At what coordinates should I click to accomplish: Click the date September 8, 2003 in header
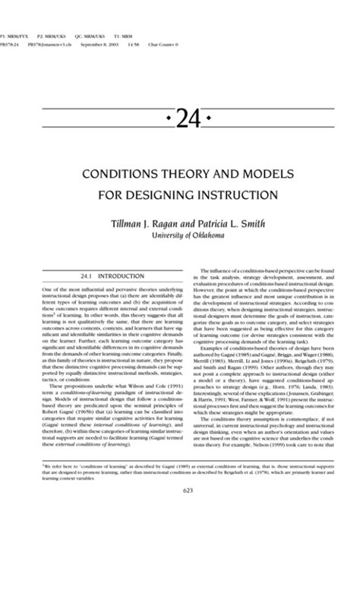(x=99, y=45)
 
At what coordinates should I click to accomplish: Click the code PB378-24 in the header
(x=9, y=45)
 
